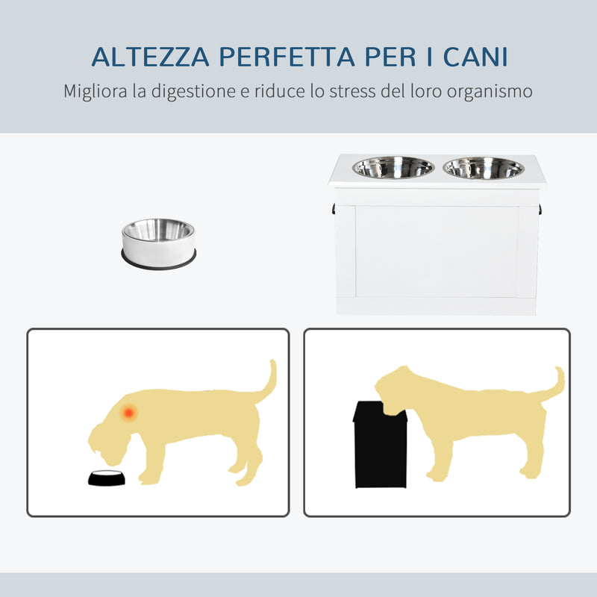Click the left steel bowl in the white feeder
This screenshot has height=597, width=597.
point(393,168)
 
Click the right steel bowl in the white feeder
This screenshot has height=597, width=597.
point(484,168)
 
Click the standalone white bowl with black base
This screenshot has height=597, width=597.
point(158,240)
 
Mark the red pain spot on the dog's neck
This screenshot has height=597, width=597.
point(128,411)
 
